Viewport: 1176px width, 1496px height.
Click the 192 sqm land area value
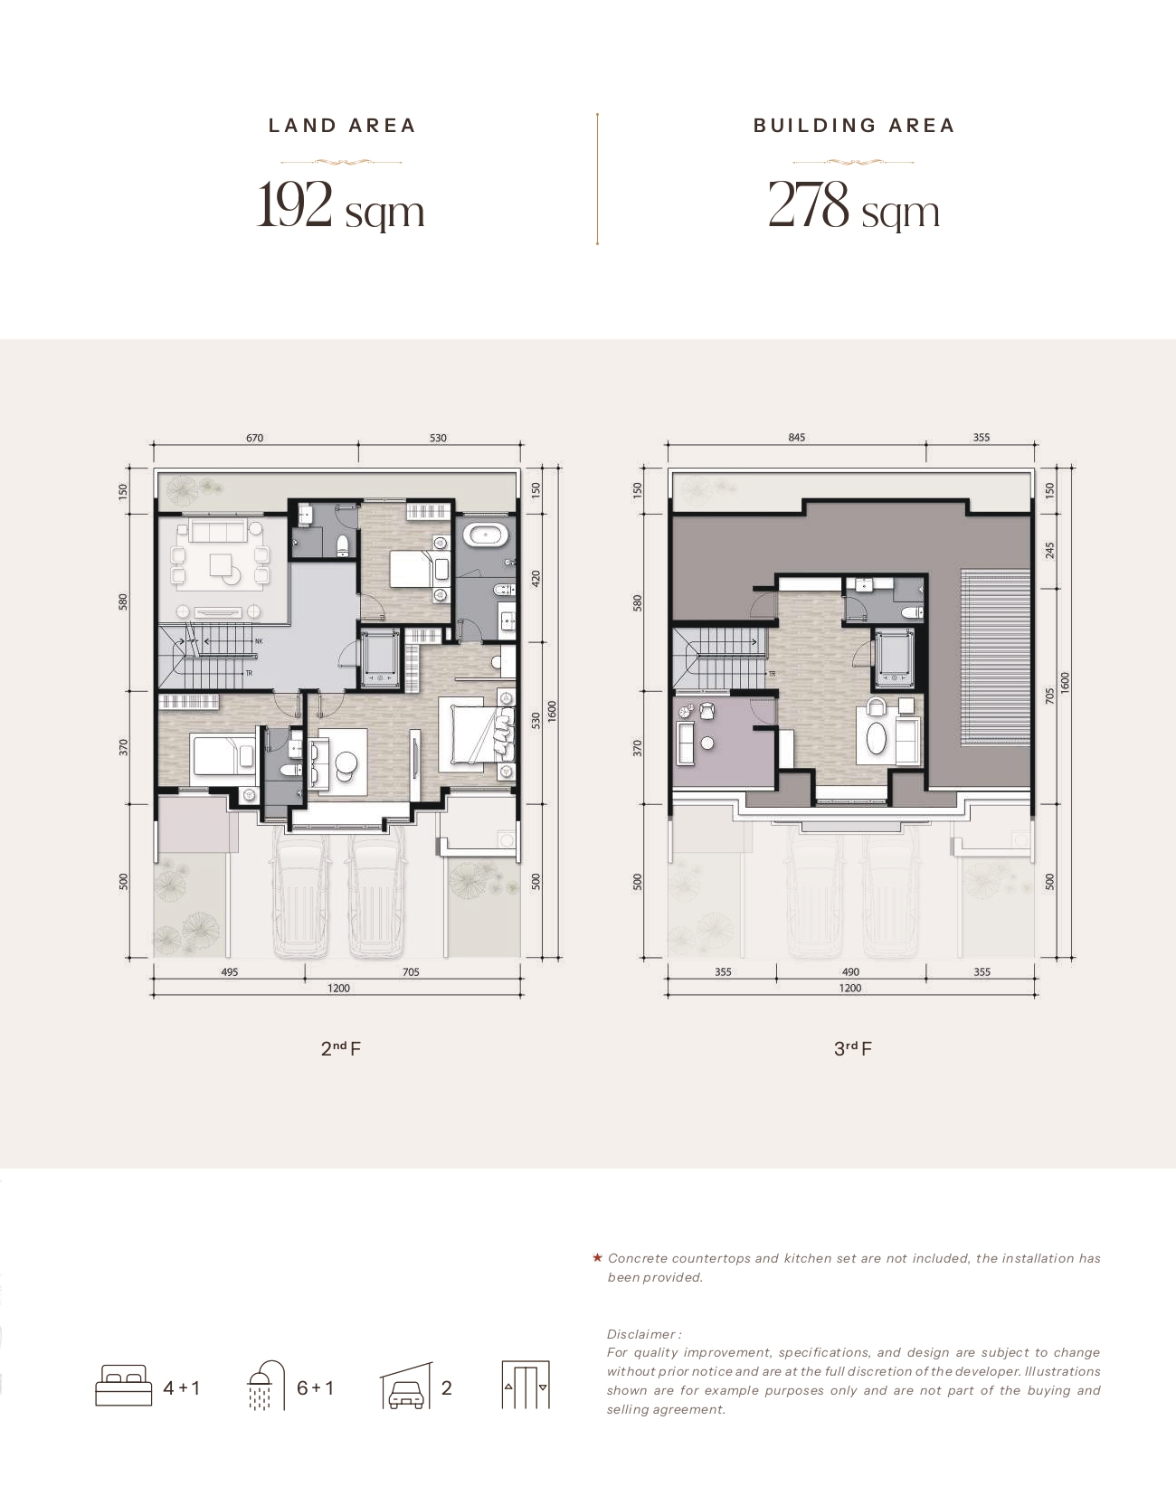340,205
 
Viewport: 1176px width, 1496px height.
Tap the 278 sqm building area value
854,205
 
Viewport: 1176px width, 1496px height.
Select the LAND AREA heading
342,126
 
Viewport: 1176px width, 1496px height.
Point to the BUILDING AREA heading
854,126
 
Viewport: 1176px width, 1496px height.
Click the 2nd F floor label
341,1048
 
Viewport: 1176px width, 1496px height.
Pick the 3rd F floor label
853,1048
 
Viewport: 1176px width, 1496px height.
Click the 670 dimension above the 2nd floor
255,438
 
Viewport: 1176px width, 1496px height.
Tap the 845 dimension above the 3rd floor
797,437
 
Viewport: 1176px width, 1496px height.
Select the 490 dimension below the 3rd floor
851,972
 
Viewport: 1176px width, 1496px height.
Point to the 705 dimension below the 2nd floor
411,972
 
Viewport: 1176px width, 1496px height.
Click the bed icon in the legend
123,1385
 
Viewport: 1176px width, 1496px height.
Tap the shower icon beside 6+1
266,1385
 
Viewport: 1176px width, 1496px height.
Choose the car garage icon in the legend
407,1385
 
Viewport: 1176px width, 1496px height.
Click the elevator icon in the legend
526,1385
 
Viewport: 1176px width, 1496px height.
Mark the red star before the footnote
597,1258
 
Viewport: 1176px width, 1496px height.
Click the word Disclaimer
641,1334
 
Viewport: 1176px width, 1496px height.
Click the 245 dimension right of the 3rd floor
1049,551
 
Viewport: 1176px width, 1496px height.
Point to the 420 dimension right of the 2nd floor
536,578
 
